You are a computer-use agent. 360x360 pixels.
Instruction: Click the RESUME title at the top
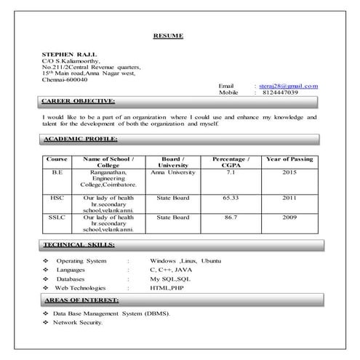168,35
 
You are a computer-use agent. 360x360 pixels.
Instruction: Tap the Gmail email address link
289,86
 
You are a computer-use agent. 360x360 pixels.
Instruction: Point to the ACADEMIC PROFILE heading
80,138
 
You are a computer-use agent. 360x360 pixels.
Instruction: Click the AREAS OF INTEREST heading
81,300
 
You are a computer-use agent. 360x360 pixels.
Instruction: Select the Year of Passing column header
290,159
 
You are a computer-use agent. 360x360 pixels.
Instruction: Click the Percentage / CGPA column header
231,161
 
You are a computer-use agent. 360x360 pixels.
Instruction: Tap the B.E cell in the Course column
57,172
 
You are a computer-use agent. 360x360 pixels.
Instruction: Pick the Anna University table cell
173,172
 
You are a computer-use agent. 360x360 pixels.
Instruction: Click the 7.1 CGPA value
231,172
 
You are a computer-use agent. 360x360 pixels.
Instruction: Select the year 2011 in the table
290,197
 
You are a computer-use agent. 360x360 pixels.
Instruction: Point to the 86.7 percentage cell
231,217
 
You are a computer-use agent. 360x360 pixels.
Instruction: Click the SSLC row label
57,217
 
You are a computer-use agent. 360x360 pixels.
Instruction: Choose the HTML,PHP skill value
167,288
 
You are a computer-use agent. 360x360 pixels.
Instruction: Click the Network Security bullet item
78,322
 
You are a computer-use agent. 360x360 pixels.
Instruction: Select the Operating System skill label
81,260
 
